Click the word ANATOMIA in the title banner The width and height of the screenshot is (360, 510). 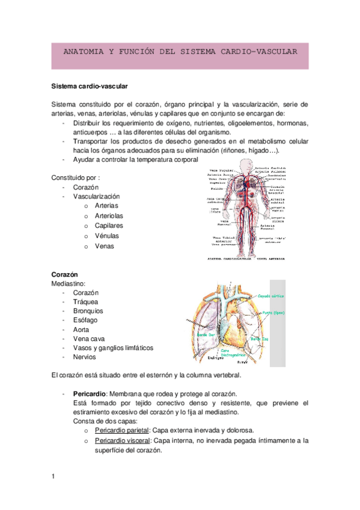pyautogui.click(x=82, y=52)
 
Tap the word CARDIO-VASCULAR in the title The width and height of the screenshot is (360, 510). pyautogui.click(x=266, y=52)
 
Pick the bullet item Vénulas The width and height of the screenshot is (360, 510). pyautogui.click(x=107, y=236)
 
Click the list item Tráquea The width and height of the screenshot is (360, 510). pyautogui.click(x=85, y=302)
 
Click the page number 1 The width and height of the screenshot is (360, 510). pyautogui.click(x=53, y=477)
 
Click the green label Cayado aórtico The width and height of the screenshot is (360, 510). pyautogui.click(x=271, y=296)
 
